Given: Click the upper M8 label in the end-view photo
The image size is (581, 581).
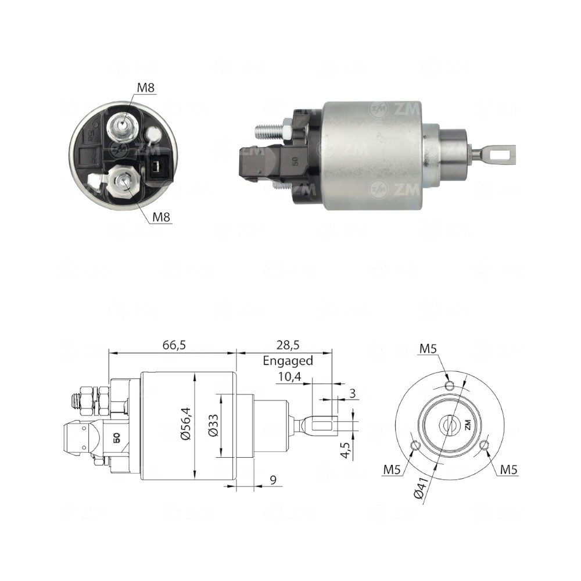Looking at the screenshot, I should click(x=146, y=87).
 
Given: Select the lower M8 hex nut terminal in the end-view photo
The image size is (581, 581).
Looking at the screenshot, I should click(x=123, y=183).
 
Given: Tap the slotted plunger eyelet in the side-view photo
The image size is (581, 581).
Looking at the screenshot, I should click(x=499, y=153).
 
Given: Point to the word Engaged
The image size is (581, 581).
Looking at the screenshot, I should click(x=288, y=360).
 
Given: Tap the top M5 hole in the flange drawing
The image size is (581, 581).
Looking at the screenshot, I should click(x=449, y=386).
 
